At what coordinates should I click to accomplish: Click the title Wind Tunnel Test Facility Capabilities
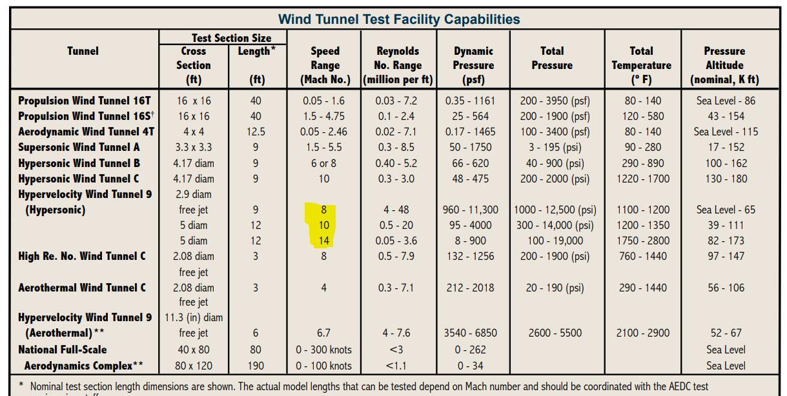click(x=398, y=19)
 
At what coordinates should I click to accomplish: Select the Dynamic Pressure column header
click(x=473, y=65)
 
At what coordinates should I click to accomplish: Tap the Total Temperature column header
click(x=641, y=65)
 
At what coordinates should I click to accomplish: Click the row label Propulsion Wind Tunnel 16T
click(x=84, y=101)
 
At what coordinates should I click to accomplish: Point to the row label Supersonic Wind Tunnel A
click(x=79, y=147)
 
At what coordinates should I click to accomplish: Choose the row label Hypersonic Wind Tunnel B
click(x=79, y=163)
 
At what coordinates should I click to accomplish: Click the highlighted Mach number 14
click(x=323, y=241)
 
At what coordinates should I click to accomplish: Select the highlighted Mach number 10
click(x=323, y=225)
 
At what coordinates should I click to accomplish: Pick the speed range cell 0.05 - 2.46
click(x=323, y=132)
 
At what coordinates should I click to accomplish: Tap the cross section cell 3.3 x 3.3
click(x=193, y=147)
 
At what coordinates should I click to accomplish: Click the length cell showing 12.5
click(x=256, y=132)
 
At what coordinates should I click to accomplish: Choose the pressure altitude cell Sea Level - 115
click(x=726, y=132)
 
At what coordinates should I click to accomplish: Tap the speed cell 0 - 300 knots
click(x=323, y=350)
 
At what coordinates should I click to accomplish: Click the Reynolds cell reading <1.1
click(x=396, y=366)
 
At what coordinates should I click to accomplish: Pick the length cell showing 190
click(x=256, y=366)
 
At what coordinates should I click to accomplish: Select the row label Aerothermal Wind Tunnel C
click(x=82, y=288)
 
